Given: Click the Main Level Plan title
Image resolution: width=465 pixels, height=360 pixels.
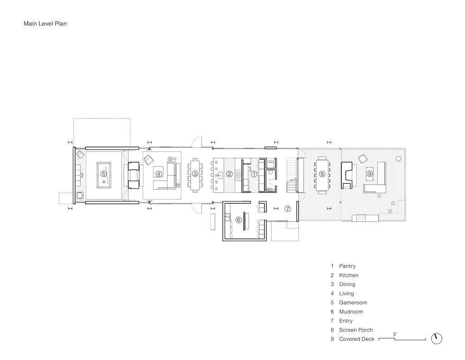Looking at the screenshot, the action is pyautogui.click(x=45, y=24).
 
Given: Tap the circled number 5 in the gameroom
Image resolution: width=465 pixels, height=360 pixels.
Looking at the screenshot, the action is pyautogui.click(x=103, y=174).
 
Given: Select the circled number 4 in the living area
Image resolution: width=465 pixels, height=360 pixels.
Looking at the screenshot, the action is pyautogui.click(x=159, y=174).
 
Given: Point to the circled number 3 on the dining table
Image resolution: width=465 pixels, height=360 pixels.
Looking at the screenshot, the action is pyautogui.click(x=195, y=174).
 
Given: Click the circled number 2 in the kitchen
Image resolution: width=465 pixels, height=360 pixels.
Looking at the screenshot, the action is pyautogui.click(x=229, y=174).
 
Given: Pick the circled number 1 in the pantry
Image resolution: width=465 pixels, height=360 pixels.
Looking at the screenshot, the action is pyautogui.click(x=254, y=174).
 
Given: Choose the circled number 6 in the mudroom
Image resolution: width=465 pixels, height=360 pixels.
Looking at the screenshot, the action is pyautogui.click(x=238, y=220).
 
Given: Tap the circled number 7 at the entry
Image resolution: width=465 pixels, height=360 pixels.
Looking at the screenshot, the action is pyautogui.click(x=287, y=209).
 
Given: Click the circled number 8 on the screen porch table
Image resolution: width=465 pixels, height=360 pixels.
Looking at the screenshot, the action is pyautogui.click(x=322, y=174).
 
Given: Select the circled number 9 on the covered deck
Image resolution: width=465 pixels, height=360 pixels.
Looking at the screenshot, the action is pyautogui.click(x=370, y=174).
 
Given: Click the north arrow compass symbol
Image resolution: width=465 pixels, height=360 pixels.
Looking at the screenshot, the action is pyautogui.click(x=436, y=339).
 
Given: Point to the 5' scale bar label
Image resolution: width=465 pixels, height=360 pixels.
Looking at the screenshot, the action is pyautogui.click(x=395, y=334).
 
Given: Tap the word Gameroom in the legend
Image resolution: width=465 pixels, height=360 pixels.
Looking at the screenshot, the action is pyautogui.click(x=353, y=302).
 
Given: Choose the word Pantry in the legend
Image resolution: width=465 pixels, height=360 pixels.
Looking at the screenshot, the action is pyautogui.click(x=347, y=266).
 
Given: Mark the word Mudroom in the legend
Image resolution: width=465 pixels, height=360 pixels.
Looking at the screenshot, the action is pyautogui.click(x=351, y=312).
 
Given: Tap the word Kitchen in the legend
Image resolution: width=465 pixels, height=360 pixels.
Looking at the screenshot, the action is pyautogui.click(x=349, y=275).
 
